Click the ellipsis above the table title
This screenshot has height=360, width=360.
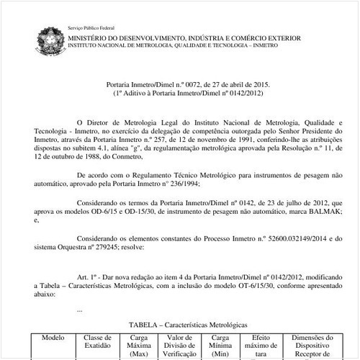[79, 310]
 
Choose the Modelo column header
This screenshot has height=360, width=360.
[53, 338]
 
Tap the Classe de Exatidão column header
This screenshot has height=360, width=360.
[98, 341]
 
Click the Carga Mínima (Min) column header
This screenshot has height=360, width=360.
[222, 345]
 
